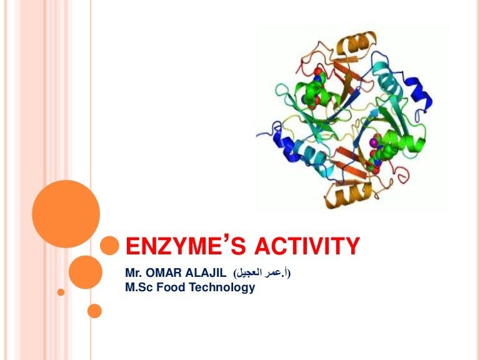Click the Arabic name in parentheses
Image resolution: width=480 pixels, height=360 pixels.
pyautogui.click(x=262, y=273)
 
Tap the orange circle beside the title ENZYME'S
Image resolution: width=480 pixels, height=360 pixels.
pyautogui.click(x=110, y=245)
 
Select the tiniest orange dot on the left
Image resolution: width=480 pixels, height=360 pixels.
pyautogui.click(x=61, y=292)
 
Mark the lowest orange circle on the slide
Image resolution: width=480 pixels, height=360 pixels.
pyautogui.click(x=94, y=311)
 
